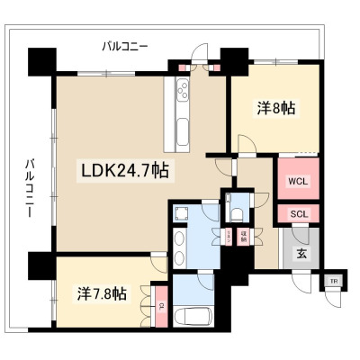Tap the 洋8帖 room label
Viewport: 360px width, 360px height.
276,108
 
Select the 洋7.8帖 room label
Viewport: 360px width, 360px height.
100,293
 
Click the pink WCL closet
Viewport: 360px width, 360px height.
297,180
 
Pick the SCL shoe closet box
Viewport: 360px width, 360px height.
297,213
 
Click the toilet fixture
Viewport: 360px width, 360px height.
238,212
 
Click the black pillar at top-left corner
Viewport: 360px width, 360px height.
41,63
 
